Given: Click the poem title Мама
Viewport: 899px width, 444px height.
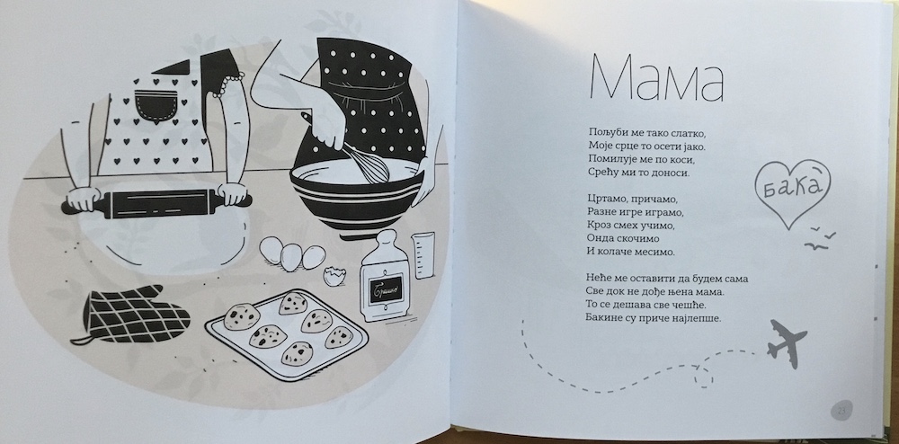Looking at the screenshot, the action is coord(657,78).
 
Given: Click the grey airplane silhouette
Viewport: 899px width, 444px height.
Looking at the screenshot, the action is coord(786,343).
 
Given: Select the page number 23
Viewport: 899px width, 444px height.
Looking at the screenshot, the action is coord(841,410).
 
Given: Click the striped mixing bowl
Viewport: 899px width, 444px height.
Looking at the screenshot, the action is coord(357,195).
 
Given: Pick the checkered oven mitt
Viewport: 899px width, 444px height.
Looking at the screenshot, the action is coord(133,314).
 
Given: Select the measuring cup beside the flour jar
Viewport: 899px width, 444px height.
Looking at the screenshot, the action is coord(423,255).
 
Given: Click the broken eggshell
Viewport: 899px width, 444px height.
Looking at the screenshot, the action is coord(333,276).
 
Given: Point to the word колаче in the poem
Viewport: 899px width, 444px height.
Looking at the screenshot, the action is coord(619,251).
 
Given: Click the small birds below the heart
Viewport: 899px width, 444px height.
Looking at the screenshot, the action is coord(820,238).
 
